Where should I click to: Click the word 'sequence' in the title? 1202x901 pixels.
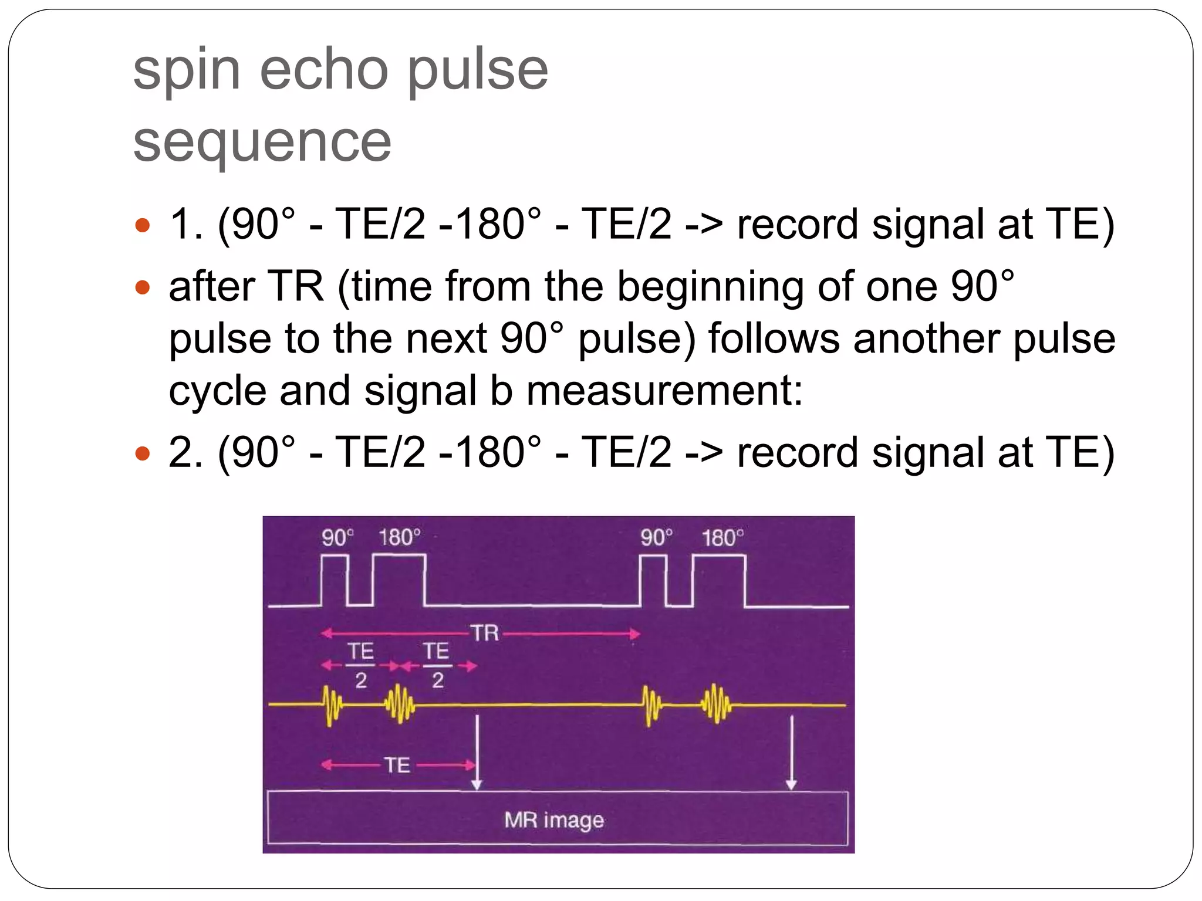click(x=262, y=142)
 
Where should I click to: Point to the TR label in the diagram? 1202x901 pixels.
click(x=485, y=633)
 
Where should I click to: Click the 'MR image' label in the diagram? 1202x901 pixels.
click(x=554, y=819)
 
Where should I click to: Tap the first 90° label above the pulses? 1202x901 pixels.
click(x=337, y=537)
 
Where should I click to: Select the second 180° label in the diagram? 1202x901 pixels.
click(x=722, y=537)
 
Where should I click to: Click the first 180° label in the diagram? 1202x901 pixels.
click(x=399, y=537)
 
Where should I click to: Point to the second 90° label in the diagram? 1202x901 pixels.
click(x=656, y=537)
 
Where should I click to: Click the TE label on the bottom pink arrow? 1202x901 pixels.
click(x=397, y=765)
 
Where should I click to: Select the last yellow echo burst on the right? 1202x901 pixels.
click(x=716, y=703)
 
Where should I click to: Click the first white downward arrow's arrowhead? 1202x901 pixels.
click(x=477, y=785)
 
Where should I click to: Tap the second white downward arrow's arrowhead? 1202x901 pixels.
click(x=791, y=785)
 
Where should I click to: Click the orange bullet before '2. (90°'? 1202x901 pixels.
click(x=143, y=453)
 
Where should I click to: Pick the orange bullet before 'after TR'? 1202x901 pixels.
click(x=143, y=287)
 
